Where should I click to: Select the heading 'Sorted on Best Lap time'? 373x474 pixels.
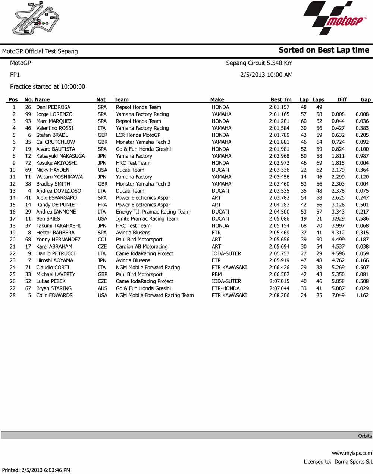[324, 50]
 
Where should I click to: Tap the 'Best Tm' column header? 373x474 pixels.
[281, 99]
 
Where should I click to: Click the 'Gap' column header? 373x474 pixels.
[365, 99]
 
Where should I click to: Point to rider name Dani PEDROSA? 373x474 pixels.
[53, 107]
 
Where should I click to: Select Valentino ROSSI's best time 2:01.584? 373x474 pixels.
[279, 128]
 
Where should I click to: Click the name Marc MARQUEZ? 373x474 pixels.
[54, 121]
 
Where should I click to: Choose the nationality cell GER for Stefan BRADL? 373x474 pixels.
[102, 135]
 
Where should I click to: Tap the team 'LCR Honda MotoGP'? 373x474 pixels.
[138, 135]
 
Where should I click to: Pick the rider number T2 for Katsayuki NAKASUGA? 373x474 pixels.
[28, 156]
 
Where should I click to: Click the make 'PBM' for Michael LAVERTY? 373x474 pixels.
[216, 274]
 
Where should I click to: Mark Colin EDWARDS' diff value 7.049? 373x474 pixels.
[338, 295]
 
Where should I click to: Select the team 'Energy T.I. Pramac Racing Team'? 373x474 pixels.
[153, 212]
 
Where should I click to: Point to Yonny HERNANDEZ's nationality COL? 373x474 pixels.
[102, 240]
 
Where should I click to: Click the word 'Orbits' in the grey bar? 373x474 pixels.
[365, 436]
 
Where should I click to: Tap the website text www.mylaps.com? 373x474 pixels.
[352, 453]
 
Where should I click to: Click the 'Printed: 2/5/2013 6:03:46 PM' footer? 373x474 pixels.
[36, 470]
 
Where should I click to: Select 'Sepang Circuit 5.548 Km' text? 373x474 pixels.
[259, 63]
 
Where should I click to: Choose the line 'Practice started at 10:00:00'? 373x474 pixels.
[47, 86]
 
